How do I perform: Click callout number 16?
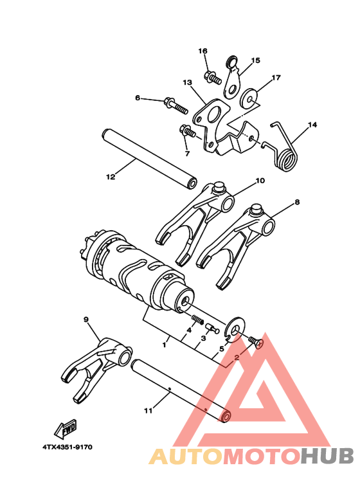(x=203, y=51)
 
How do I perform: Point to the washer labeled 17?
(x=249, y=97)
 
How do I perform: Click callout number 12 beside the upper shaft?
(x=110, y=176)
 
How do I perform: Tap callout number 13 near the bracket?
(x=188, y=83)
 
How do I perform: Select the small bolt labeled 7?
(x=187, y=132)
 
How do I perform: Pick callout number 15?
(x=256, y=61)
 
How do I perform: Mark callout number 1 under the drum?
(x=165, y=345)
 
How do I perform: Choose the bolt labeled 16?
(x=212, y=78)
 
